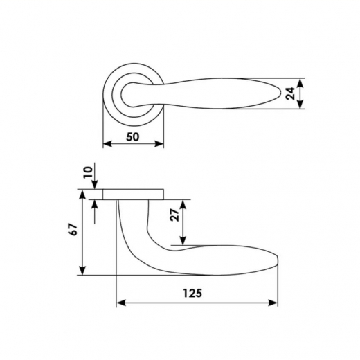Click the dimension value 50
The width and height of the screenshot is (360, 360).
133,137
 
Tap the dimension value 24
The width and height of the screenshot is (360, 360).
290,93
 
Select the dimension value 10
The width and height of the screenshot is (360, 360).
88,172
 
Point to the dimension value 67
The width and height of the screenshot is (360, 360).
73,229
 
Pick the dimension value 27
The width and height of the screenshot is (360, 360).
174,215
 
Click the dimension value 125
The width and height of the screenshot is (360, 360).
192,293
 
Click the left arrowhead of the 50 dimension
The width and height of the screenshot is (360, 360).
107,144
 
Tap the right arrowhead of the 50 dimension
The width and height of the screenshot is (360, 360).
159,144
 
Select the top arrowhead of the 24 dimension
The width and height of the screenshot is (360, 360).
300,83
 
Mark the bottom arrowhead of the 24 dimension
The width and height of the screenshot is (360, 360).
300,105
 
